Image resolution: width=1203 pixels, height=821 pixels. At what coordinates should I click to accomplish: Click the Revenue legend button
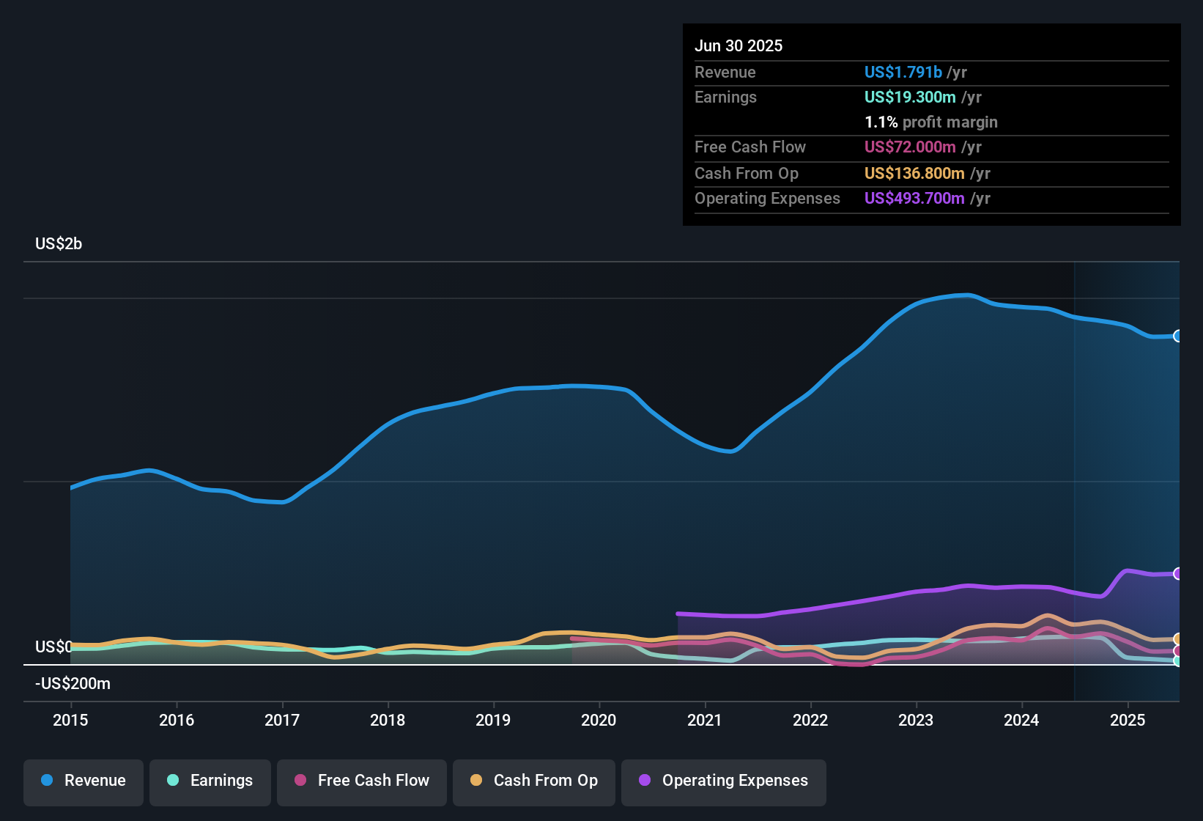click(84, 781)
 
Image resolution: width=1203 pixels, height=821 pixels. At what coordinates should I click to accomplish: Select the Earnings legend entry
click(210, 781)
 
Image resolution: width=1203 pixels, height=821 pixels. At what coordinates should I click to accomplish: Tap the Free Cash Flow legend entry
click(362, 781)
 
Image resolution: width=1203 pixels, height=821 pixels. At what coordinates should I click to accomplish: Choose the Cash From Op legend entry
click(534, 781)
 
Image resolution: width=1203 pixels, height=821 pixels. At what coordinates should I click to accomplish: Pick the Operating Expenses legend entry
click(724, 781)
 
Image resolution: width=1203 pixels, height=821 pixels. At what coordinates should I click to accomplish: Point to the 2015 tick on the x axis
click(70, 720)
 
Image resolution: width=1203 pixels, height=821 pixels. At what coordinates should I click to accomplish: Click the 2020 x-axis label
click(599, 720)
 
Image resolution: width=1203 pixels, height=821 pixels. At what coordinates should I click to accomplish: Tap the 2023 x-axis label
click(916, 720)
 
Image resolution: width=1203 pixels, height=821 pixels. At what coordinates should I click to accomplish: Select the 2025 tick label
click(1127, 720)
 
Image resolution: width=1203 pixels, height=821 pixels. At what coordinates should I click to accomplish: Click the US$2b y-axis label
click(59, 244)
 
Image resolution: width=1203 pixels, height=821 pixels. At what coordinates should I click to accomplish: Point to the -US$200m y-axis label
click(73, 684)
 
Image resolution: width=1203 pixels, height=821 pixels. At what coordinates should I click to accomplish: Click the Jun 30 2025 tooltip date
click(739, 46)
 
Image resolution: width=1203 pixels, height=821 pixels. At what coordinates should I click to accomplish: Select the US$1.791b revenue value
click(903, 73)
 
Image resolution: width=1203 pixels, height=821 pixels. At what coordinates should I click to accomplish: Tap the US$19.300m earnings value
click(909, 97)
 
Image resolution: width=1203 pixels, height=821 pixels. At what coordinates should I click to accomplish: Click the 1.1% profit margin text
click(930, 122)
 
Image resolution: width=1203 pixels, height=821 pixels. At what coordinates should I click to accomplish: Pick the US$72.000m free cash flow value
click(909, 147)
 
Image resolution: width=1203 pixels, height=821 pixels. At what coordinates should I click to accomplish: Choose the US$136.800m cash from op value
click(914, 174)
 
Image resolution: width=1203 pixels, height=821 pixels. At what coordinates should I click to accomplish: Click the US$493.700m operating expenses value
click(914, 199)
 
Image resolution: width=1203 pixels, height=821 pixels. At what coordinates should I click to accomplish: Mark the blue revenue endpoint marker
click(1177, 336)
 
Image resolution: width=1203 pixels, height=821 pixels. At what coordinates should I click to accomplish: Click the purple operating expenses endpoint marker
click(1177, 573)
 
